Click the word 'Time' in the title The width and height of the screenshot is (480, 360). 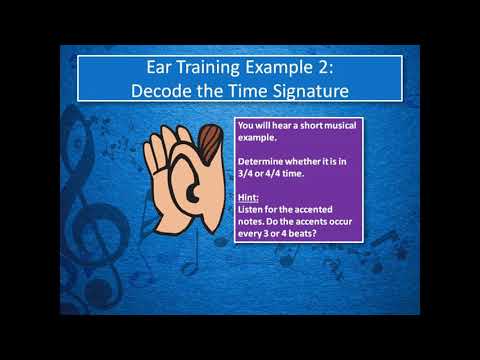click(232, 89)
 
